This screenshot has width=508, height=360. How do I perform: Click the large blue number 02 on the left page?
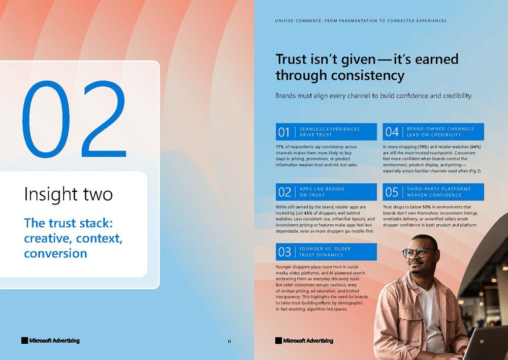pos(74,119)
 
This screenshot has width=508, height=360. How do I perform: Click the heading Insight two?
pos(69,194)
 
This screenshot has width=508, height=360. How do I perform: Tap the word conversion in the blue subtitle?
pos(55,253)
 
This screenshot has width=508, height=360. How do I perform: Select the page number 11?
pos(230,341)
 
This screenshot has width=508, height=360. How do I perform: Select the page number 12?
pos(482,341)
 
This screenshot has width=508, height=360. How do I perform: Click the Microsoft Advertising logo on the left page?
pos(50,341)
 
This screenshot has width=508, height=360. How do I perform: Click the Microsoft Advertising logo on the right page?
pos(304,341)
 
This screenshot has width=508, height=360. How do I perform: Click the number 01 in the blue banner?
pos(284,132)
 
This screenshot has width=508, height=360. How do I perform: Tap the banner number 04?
pos(392,132)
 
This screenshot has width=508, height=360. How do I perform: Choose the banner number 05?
pos(392,192)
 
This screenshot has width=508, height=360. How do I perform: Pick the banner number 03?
pos(284,252)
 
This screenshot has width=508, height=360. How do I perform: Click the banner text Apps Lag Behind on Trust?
pos(322,192)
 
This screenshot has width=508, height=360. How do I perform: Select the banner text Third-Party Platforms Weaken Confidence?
pos(439,192)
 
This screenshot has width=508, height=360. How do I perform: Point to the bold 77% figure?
pos(279,147)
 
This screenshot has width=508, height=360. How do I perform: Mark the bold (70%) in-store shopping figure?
pos(423,147)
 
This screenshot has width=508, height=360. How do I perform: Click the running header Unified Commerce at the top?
pos(361,21)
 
